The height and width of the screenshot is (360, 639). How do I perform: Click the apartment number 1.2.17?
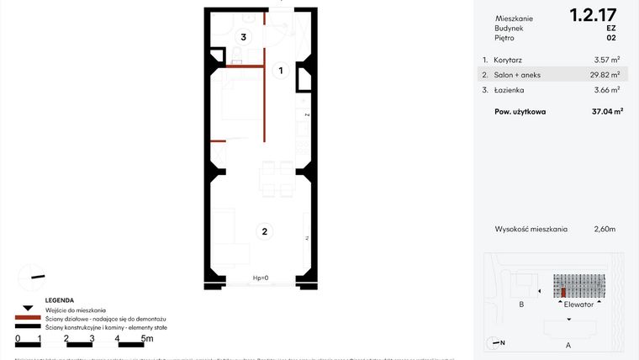593,14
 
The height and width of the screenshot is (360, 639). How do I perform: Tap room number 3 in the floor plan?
243,37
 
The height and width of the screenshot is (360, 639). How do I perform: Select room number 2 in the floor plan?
264,231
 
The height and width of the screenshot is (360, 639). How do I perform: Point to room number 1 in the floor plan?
282,71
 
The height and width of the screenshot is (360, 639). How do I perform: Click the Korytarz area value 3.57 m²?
606,60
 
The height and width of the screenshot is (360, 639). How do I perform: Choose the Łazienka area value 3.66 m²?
606,89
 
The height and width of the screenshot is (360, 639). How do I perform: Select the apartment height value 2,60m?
605,229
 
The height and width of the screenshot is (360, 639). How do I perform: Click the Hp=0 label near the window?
261,278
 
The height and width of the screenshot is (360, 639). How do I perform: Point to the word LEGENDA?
60,300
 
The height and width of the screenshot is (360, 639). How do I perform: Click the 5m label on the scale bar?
146,339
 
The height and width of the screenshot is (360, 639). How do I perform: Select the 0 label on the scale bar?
18,339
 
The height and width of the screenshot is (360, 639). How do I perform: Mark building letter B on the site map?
522,304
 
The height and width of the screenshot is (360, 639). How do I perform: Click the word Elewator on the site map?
579,304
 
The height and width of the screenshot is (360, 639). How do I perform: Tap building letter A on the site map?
568,345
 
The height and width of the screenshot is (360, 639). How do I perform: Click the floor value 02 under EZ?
610,38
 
